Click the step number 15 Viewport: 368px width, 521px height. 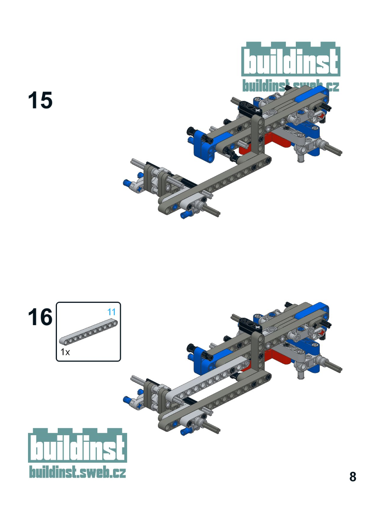pyautogui.click(x=40, y=100)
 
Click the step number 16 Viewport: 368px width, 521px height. pyautogui.click(x=40, y=317)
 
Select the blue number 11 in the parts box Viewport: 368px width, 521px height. pyautogui.click(x=111, y=312)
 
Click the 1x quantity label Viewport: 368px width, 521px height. pyautogui.click(x=65, y=352)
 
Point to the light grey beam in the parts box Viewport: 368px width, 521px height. pyautogui.click(x=88, y=331)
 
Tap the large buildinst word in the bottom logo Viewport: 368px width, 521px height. pyautogui.click(x=78, y=447)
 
